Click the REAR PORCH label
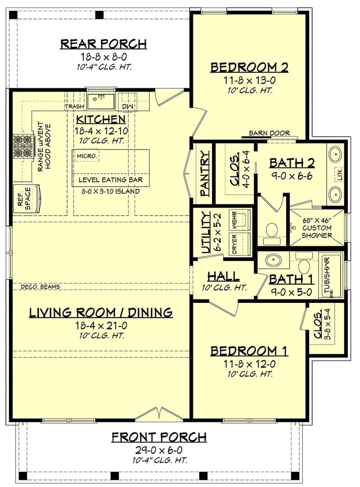pos(103,44)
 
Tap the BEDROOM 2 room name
pos(249,68)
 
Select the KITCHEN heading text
pos(100,119)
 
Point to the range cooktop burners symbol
pos(21,145)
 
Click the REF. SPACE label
pos(23,198)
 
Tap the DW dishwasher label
pos(126,107)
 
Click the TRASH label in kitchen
pos(75,107)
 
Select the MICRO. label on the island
pos(85,156)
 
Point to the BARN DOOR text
pos(270,133)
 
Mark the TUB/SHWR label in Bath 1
pos(327,275)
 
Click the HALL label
pos(223,276)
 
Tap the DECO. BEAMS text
pos(40,287)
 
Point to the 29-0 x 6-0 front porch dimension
pos(159,450)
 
